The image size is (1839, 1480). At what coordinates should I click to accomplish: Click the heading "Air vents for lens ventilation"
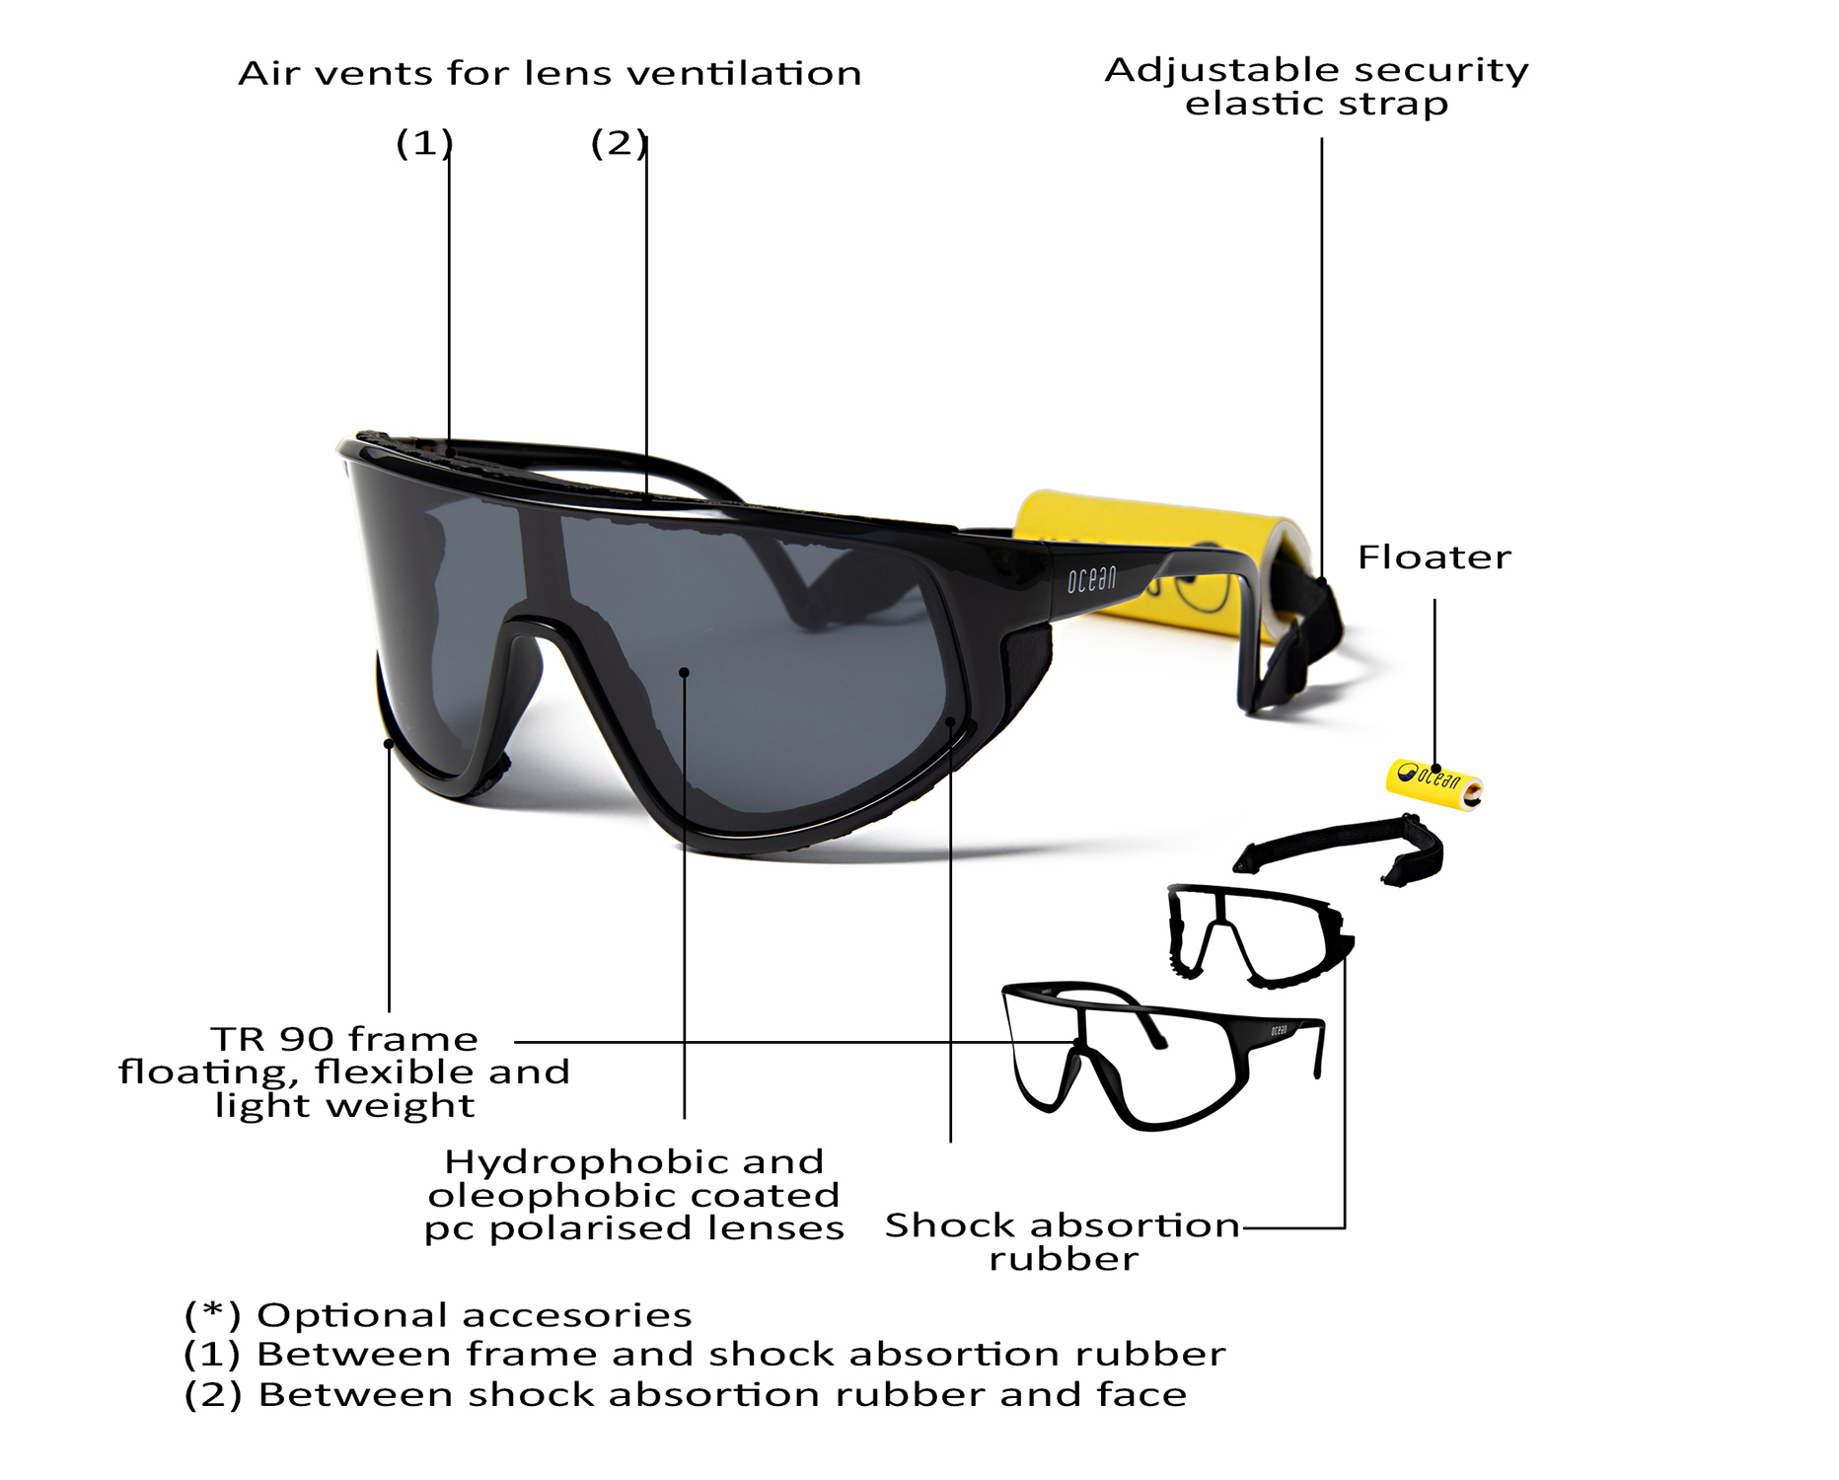pyautogui.click(x=550, y=73)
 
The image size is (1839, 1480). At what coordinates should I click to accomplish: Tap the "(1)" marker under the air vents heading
pyautogui.click(x=424, y=143)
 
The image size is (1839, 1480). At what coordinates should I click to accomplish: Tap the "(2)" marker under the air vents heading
pyautogui.click(x=619, y=143)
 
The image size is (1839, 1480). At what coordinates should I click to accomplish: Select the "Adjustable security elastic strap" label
pyautogui.click(x=1316, y=86)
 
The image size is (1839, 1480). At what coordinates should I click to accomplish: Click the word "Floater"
pyautogui.click(x=1434, y=557)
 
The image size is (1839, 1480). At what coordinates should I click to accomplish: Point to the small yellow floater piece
pyautogui.click(x=1434, y=782)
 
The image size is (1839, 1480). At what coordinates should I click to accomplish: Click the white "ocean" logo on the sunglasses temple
pyautogui.click(x=1091, y=579)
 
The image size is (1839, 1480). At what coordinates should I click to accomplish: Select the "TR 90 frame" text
pyautogui.click(x=343, y=1039)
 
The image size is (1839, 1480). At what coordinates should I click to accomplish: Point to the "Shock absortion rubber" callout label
pyautogui.click(x=1063, y=1241)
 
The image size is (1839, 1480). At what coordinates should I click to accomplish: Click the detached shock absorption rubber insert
pyautogui.click(x=1258, y=935)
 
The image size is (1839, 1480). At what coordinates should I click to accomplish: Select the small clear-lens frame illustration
pyautogui.click(x=1154, y=1056)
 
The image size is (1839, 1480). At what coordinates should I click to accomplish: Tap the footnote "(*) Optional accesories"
pyautogui.click(x=438, y=1315)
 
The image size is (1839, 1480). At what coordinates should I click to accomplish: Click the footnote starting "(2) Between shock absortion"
pyautogui.click(x=686, y=1395)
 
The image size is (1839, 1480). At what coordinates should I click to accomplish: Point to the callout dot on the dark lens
pyautogui.click(x=684, y=673)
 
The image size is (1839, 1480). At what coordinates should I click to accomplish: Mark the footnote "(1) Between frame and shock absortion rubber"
pyautogui.click(x=704, y=1354)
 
